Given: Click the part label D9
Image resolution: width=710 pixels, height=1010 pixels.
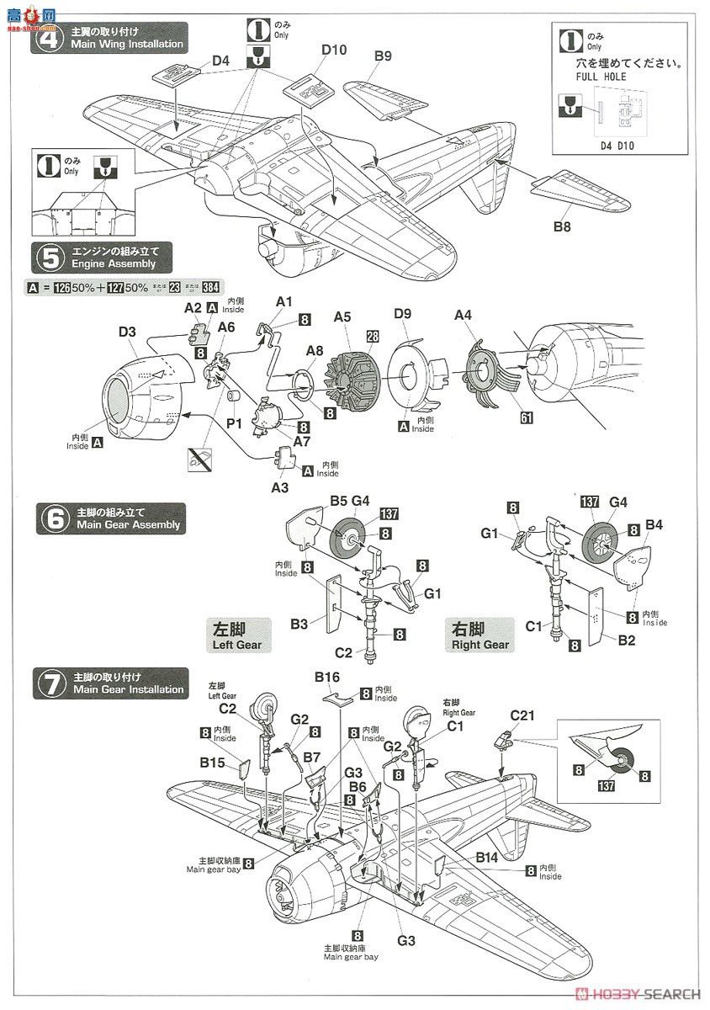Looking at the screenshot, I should pyautogui.click(x=401, y=315).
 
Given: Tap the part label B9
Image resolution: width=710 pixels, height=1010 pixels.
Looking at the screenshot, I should pyautogui.click(x=383, y=56).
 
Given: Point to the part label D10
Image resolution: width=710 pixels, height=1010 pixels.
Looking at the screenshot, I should pyautogui.click(x=334, y=50).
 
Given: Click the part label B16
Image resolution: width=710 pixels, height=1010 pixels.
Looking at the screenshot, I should pyautogui.click(x=327, y=677).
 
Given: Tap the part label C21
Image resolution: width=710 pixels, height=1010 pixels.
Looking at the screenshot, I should pyautogui.click(x=522, y=715).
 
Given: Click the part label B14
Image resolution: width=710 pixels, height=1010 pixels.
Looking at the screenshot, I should pyautogui.click(x=486, y=857).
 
